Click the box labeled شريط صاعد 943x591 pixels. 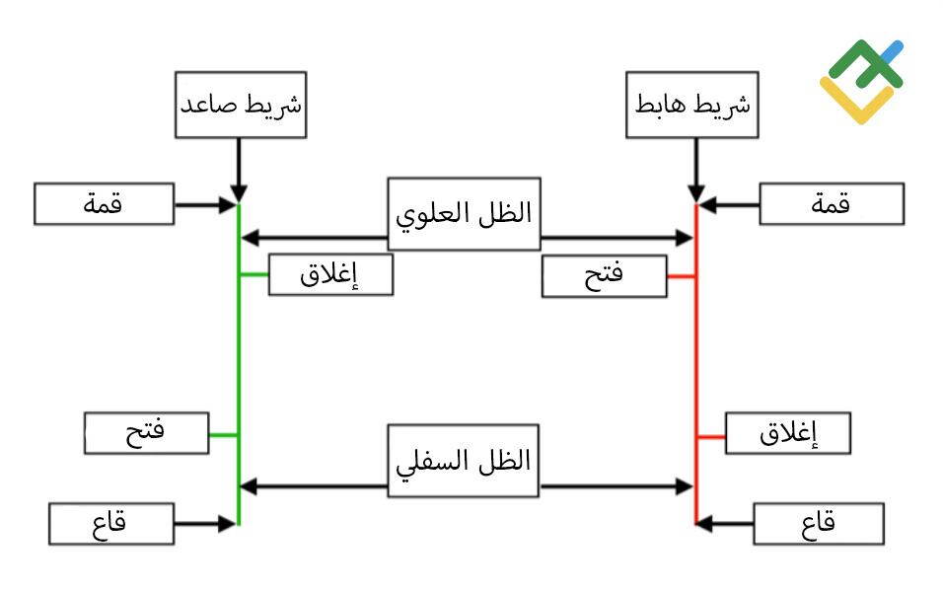241,105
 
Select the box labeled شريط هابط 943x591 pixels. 691,105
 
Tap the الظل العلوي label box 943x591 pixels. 464,214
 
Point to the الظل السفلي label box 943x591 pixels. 463,461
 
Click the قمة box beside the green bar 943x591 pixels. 104,204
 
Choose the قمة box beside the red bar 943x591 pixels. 832,204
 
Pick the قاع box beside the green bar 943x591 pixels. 111,524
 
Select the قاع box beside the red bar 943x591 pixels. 819,524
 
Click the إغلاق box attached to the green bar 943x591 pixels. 330,274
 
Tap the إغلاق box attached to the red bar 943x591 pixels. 788,433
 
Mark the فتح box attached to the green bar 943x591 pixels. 146,433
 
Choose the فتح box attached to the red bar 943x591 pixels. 605,276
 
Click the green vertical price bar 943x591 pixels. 239,364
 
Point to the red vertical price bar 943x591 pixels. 696,364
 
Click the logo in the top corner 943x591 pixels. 861,81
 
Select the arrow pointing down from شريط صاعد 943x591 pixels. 239,171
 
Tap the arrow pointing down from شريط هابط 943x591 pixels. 696,171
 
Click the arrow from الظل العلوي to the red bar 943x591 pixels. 617,239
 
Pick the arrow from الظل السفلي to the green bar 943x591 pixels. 314,486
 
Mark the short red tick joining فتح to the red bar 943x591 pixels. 682,276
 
